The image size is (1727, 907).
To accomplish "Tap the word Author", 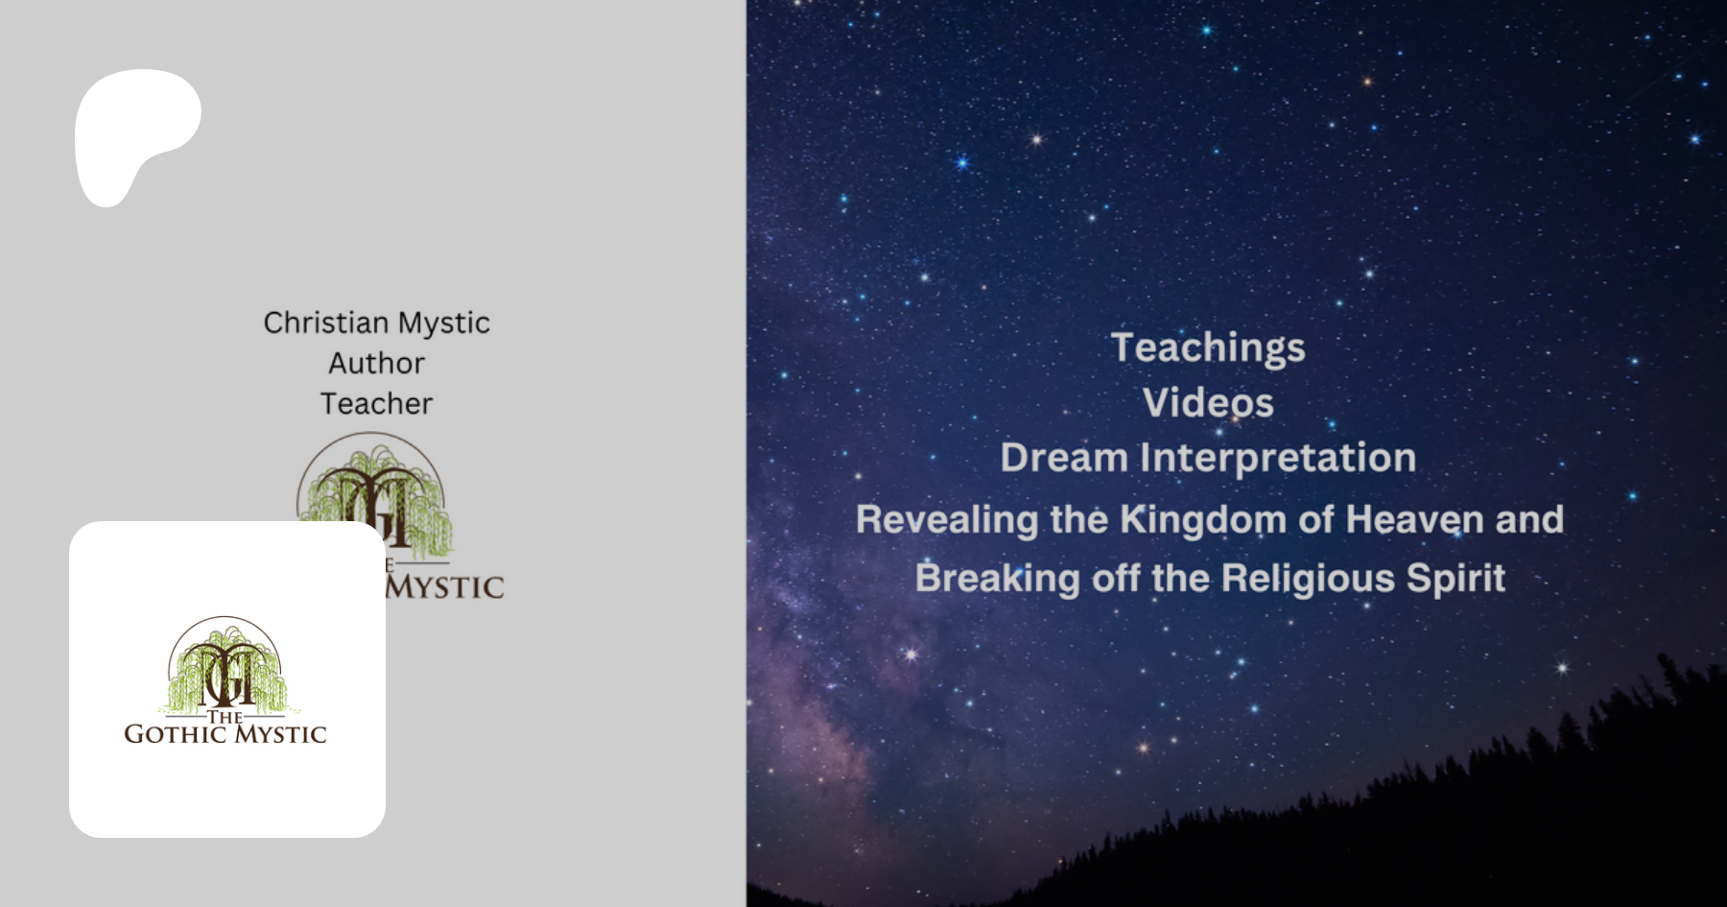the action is [376, 363].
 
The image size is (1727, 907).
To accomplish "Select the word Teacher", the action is [376, 403].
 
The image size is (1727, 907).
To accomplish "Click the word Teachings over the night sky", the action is [1208, 348].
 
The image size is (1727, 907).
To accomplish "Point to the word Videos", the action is [1208, 403].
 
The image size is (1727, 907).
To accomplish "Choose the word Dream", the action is [1064, 458].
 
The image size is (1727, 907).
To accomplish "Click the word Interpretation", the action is [1278, 459].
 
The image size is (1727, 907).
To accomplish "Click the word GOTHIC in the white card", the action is [176, 734].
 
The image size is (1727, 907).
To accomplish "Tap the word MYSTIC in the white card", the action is [281, 734].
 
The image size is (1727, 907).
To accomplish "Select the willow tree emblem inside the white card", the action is [226, 665].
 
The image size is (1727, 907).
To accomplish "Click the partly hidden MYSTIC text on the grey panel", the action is [444, 586].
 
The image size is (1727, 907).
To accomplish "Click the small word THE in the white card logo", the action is [225, 716].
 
